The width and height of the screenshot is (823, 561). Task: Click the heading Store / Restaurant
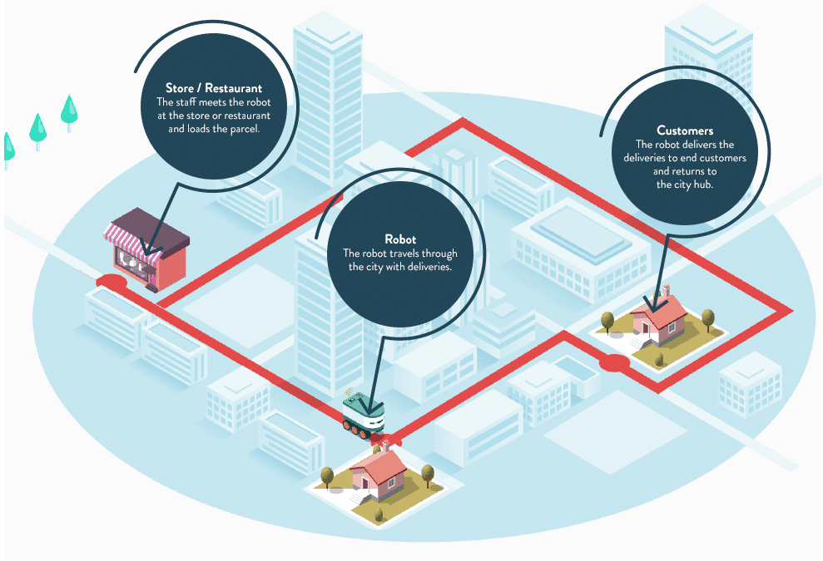pyautogui.click(x=214, y=88)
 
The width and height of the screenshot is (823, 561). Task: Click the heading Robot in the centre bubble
pyautogui.click(x=400, y=240)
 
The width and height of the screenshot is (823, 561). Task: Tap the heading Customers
pyautogui.click(x=685, y=130)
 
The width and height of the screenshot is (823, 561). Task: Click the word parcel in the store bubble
pyautogui.click(x=246, y=130)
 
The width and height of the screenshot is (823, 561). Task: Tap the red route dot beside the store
pyautogui.click(x=112, y=283)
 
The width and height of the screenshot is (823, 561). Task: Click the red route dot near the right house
pyautogui.click(x=614, y=362)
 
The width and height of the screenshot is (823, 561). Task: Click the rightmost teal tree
pyautogui.click(x=69, y=111)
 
